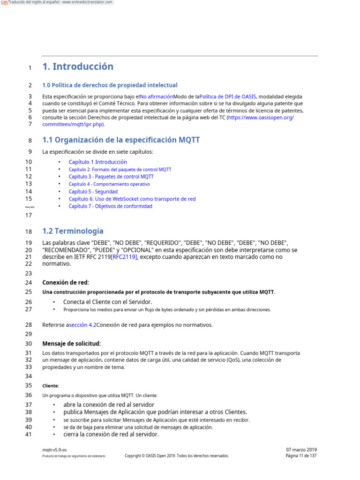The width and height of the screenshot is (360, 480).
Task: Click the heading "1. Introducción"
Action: point(78,67)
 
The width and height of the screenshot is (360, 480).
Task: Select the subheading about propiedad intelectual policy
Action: point(110,85)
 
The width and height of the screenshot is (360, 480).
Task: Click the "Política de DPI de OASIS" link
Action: point(227,97)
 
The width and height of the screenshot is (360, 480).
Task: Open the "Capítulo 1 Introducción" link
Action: point(97,162)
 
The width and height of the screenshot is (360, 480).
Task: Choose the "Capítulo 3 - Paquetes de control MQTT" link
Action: point(111,177)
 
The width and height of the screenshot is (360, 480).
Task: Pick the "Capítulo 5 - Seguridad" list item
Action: point(93,192)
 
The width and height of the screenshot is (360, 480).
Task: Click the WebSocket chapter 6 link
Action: point(132,199)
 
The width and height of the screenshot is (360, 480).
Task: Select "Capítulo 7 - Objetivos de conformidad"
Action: point(110,206)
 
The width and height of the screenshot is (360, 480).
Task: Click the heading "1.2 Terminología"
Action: point(73,231)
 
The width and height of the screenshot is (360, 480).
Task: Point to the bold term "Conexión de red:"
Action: point(65,283)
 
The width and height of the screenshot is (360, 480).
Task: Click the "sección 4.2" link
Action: point(82,325)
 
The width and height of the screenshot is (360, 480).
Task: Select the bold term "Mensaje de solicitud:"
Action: point(71,344)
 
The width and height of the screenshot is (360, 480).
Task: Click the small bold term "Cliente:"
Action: point(51,386)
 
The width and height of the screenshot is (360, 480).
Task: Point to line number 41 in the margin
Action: point(28,435)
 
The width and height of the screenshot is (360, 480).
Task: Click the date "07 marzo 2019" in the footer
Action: point(301,450)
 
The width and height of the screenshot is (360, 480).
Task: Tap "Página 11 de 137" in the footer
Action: point(301,456)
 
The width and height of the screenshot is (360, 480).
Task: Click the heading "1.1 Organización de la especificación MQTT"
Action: point(121,140)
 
